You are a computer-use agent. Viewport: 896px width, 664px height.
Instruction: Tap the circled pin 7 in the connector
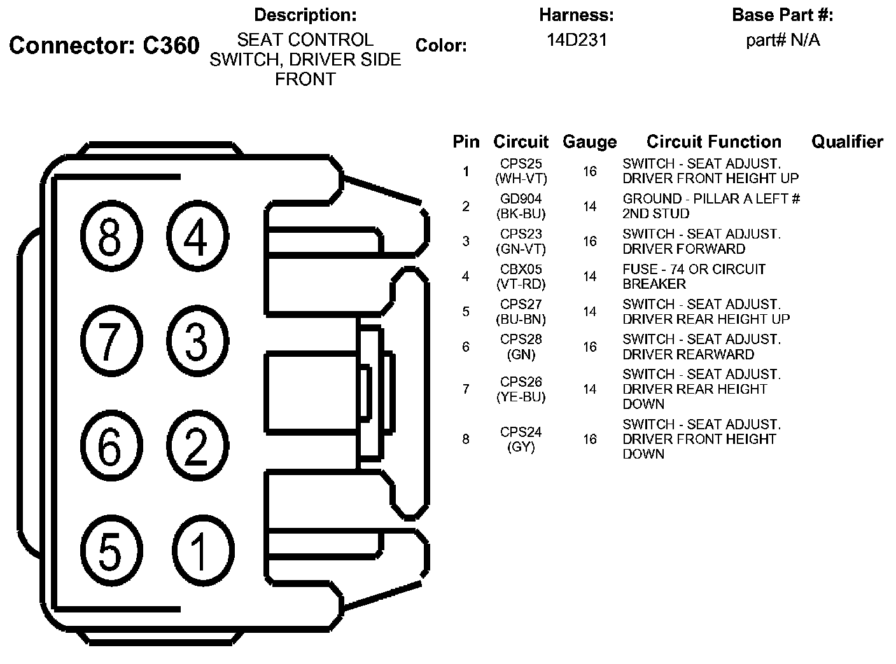[x=110, y=342]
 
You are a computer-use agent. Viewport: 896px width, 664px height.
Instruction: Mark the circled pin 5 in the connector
[x=110, y=550]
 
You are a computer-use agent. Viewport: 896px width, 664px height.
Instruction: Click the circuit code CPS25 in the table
[x=521, y=164]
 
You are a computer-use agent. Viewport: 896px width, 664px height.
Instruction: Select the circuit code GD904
[x=521, y=199]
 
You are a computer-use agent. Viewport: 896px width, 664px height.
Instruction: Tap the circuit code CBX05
[x=521, y=269]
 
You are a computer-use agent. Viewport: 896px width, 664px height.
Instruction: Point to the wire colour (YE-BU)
[x=521, y=397]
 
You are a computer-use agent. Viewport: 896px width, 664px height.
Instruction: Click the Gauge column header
[x=589, y=142]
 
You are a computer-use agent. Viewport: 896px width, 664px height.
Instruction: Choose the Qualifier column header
[x=847, y=142]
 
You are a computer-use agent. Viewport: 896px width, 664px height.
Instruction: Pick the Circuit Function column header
[x=713, y=142]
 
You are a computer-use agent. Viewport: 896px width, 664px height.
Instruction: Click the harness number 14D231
[x=577, y=40]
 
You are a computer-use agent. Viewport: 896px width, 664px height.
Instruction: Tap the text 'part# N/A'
[x=783, y=41]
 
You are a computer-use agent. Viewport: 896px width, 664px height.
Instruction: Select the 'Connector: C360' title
[x=104, y=46]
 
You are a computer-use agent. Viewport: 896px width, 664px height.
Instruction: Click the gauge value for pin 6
[x=590, y=347]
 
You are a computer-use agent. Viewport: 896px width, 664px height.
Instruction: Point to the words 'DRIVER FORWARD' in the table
[x=683, y=249]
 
